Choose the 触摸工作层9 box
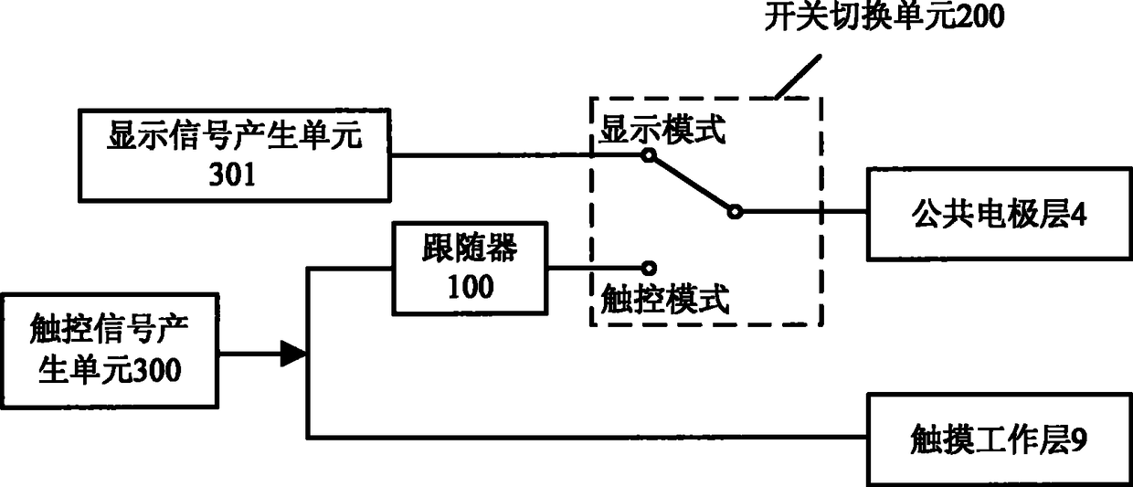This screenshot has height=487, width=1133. (999, 439)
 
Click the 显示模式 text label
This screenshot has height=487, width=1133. (662, 132)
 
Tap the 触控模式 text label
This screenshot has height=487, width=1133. (664, 299)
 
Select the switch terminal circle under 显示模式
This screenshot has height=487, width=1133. (648, 156)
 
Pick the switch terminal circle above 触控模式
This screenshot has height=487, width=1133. (648, 268)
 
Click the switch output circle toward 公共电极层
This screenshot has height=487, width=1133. (734, 212)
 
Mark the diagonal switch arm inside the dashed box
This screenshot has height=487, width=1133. (691, 184)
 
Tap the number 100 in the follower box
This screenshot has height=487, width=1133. (470, 286)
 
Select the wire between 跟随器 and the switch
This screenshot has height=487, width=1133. (594, 268)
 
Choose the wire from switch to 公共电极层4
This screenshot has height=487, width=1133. (804, 212)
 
